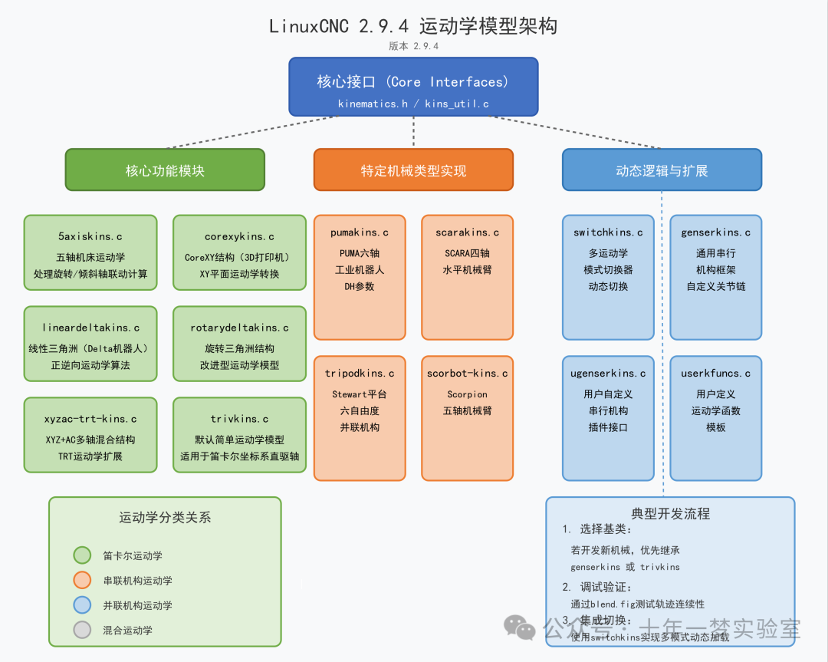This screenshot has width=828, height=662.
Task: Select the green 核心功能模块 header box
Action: pos(165,170)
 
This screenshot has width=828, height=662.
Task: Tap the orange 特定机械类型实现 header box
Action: pos(413,170)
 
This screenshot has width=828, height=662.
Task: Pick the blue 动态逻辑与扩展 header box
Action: pos(662,170)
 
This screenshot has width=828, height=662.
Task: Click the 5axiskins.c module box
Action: pos(90,252)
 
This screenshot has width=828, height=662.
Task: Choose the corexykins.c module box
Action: pos(239,252)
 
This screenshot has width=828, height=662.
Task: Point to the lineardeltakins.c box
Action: pos(90,343)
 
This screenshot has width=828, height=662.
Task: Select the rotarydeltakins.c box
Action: pos(239,343)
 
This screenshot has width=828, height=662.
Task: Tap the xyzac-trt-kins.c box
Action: pos(90,434)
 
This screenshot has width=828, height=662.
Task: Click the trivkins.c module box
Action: pos(239,434)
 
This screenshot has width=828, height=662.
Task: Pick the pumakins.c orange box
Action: pos(360,277)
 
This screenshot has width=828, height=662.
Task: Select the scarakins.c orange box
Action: pos(467,277)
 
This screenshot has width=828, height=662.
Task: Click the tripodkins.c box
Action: pos(360,418)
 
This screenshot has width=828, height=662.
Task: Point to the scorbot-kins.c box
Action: pos(467,418)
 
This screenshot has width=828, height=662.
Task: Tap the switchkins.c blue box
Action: pos(608,277)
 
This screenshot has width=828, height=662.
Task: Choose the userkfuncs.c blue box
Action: pos(715,418)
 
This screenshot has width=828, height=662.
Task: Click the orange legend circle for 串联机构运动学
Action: pos(82,581)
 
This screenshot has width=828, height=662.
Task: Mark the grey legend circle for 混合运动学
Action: pos(82,630)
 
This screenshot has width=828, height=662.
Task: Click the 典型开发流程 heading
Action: pos(670,514)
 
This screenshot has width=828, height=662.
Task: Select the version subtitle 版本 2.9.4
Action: pos(413,46)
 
